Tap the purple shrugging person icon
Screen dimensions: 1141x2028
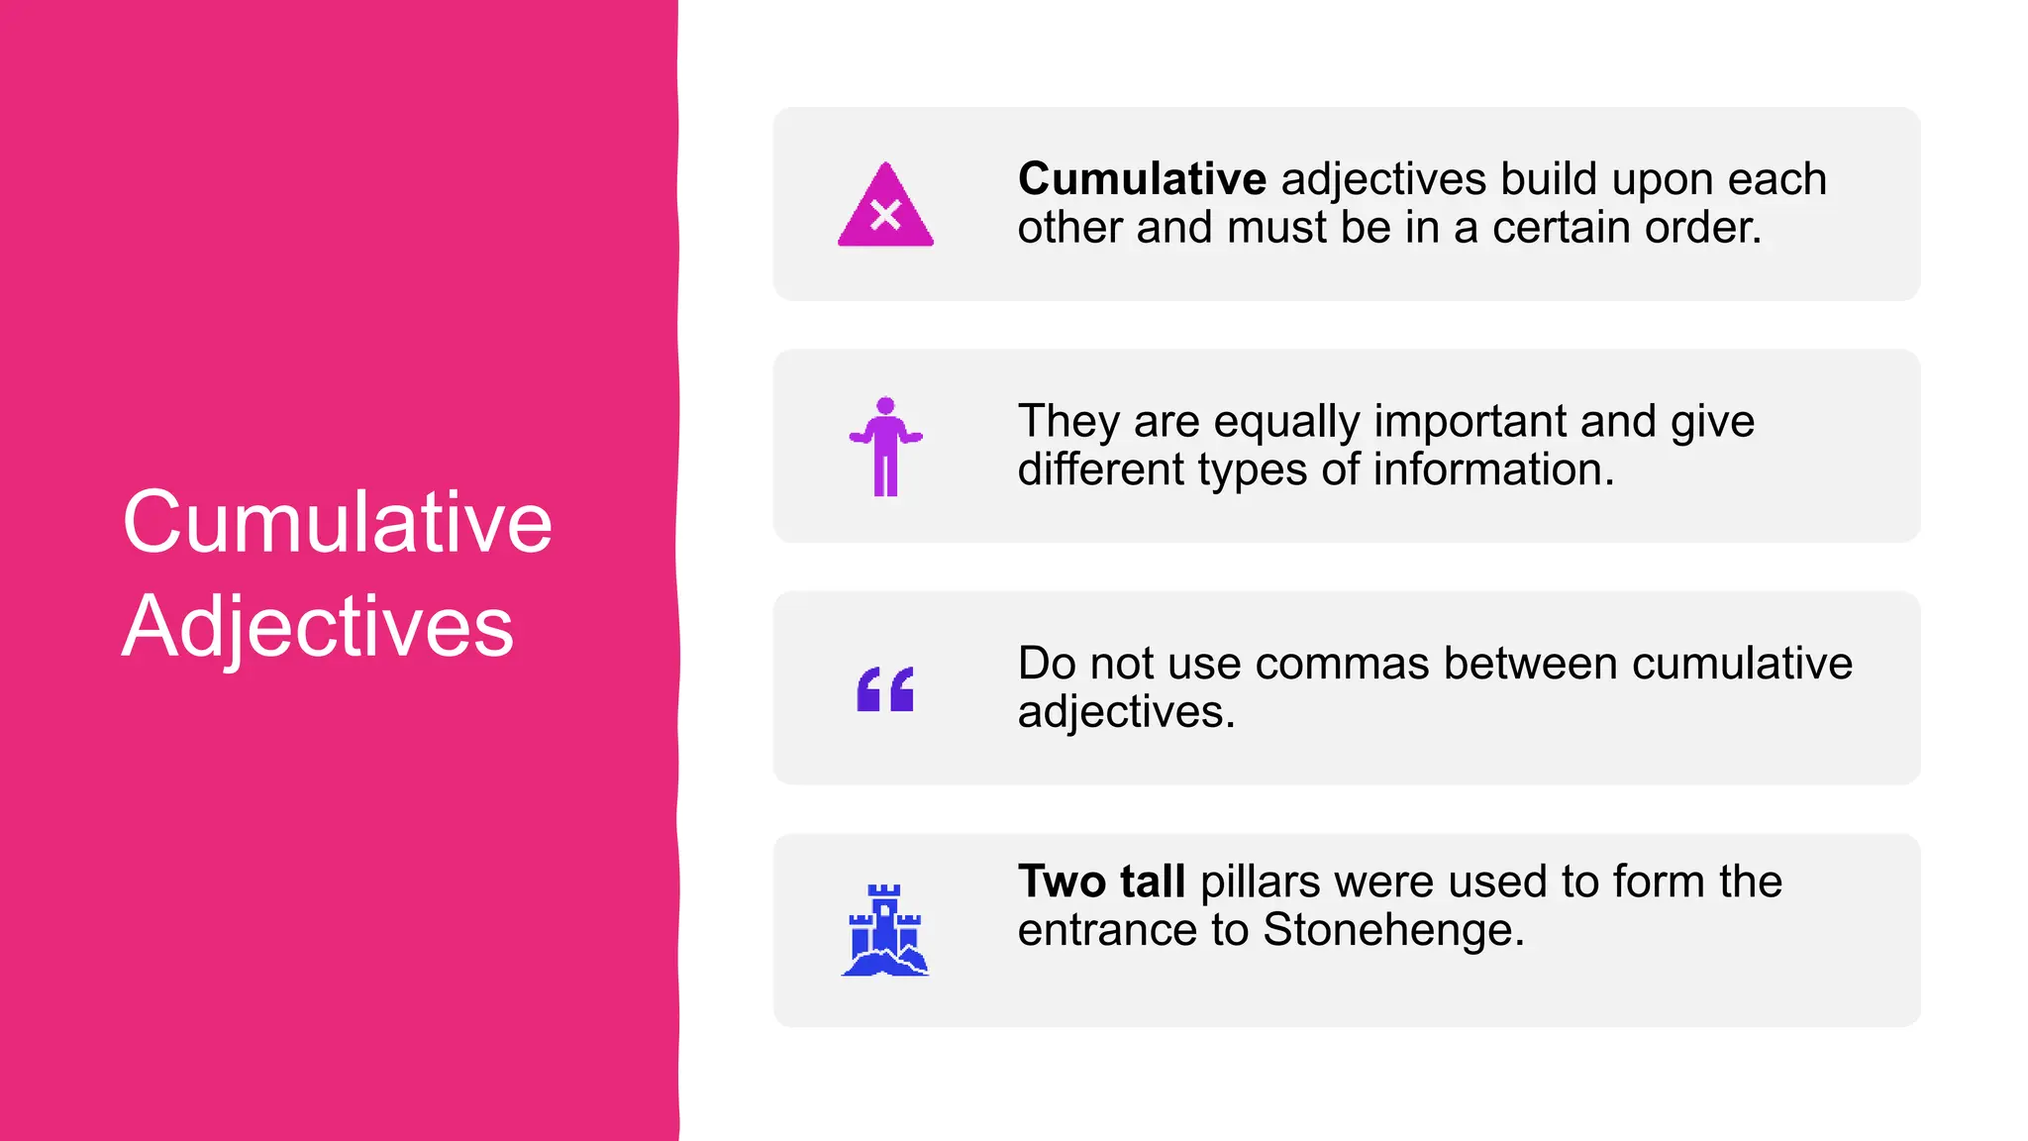point(885,447)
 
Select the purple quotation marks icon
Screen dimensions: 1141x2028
point(885,689)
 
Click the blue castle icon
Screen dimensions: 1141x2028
point(885,930)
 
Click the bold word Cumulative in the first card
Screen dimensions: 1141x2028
point(1142,180)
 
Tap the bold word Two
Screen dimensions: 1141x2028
point(1061,882)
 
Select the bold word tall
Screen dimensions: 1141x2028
point(1153,882)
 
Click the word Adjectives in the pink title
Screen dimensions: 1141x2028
point(318,626)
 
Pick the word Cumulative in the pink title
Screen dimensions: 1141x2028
point(337,522)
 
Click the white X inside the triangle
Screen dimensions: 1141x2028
point(885,215)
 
